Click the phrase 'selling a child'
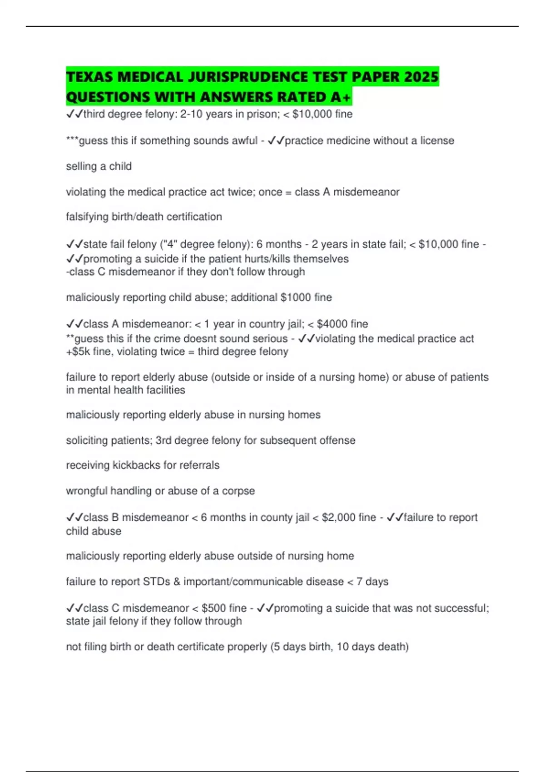click(x=99, y=167)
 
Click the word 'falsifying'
click(x=87, y=217)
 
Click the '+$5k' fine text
click(x=78, y=352)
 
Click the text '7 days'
click(x=372, y=582)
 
